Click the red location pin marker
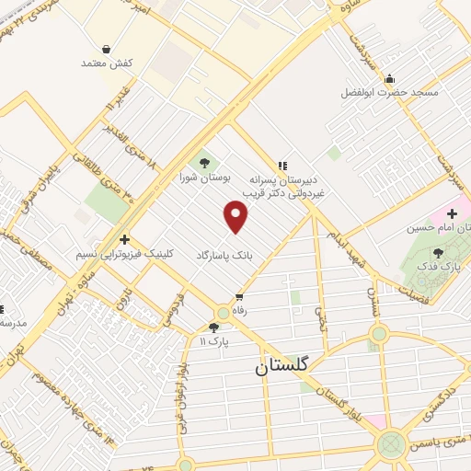pos(236,217)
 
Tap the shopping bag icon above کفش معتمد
pos(107,48)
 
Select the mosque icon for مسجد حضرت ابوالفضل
pos(390,78)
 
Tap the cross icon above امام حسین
pos(452,213)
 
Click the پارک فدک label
pos(437,266)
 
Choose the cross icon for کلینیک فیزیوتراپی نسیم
pos(124,239)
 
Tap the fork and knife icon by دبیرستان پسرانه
pos(281,166)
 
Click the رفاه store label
pos(240,311)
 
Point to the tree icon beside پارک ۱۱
pos(214,327)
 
